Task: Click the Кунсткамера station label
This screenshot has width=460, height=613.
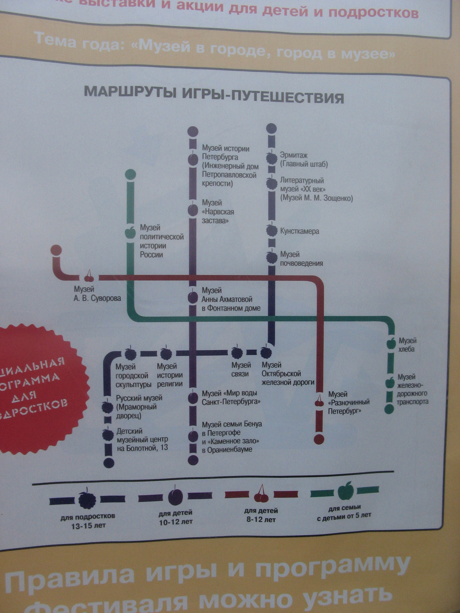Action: [299, 231]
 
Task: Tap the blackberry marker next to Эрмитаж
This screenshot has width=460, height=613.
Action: [272, 158]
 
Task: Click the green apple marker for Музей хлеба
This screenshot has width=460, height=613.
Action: [391, 344]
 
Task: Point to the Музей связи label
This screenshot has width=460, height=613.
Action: [241, 370]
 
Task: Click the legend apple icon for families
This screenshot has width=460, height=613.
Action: [345, 491]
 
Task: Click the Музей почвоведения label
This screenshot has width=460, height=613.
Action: [301, 259]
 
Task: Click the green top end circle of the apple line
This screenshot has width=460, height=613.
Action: [131, 174]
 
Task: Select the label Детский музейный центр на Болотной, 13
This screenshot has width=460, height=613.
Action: [142, 440]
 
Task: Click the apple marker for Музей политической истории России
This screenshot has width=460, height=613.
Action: [130, 232]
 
